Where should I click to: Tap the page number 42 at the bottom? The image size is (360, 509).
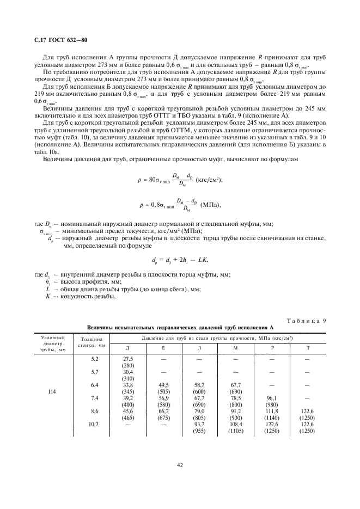(180, 465)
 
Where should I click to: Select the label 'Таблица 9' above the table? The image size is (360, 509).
(307, 320)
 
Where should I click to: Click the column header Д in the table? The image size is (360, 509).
(128, 347)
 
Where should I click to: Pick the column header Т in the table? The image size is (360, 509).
(309, 347)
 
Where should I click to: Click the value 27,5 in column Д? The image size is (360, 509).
(128, 359)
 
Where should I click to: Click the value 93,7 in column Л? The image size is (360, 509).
(200, 424)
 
